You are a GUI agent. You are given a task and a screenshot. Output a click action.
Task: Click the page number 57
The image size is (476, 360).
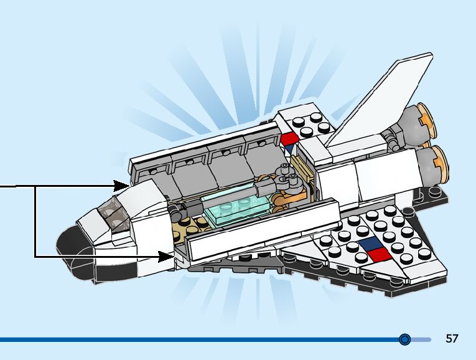click(x=452, y=339)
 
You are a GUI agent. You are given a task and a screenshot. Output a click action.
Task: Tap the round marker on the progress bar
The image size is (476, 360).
click(x=405, y=339)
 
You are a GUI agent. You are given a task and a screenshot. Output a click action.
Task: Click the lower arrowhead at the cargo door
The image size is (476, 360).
click(x=166, y=255)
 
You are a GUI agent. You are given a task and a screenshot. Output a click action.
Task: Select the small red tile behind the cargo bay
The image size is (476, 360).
click(x=289, y=138)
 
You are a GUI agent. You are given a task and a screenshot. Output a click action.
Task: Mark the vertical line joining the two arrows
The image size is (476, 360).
click(x=35, y=221)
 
